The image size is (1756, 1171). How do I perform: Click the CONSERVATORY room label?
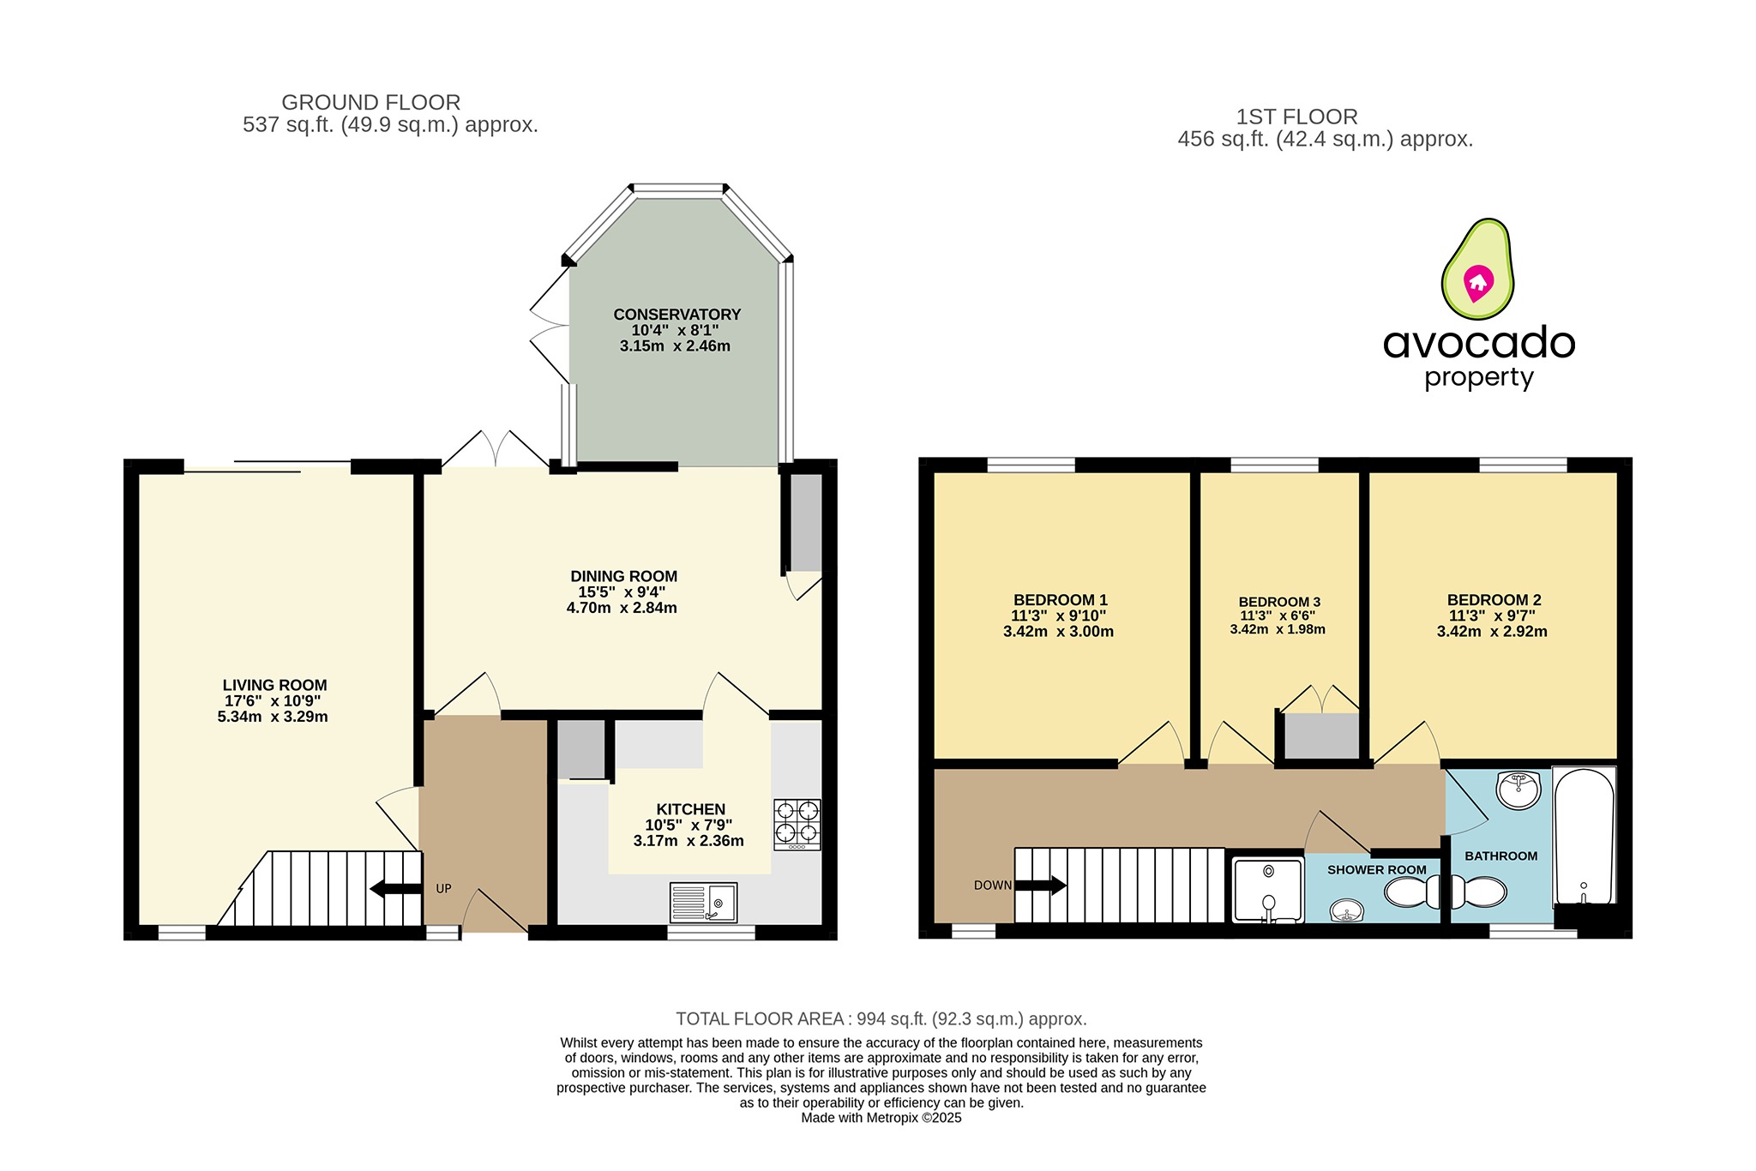[677, 315]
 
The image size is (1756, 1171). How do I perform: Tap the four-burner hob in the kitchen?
[797, 823]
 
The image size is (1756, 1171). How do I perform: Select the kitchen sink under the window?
[703, 902]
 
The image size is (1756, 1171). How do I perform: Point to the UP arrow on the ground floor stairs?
[394, 889]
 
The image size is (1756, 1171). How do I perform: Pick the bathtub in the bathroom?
[1584, 835]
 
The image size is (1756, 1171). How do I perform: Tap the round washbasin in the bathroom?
[1518, 790]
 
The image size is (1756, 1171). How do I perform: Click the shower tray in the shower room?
[1267, 890]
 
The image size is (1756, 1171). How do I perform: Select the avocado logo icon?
[1477, 268]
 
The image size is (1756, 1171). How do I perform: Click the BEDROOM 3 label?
[1278, 602]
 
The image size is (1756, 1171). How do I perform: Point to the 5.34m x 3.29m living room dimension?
[273, 717]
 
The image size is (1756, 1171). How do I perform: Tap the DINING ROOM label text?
[623, 576]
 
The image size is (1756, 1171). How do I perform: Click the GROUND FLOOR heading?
[370, 103]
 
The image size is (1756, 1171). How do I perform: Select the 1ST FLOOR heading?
[1296, 117]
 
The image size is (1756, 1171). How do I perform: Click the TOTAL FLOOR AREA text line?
[881, 1018]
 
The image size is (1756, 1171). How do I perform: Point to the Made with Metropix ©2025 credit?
[881, 1118]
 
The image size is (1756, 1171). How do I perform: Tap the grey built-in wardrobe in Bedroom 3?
[1321, 736]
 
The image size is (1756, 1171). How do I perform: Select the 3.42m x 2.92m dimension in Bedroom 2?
[1491, 632]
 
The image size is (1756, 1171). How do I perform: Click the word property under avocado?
[1478, 378]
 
